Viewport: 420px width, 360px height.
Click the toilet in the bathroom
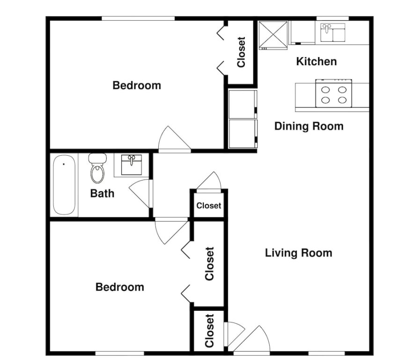tap(97, 168)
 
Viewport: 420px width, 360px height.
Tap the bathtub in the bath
tap(64, 185)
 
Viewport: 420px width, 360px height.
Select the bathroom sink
tap(131, 165)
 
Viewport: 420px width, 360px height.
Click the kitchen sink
tap(333, 32)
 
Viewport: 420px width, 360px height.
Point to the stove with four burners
tap(333, 93)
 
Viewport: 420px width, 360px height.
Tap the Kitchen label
tap(317, 61)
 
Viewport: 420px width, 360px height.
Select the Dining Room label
tap(309, 126)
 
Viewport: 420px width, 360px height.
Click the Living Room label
tap(299, 253)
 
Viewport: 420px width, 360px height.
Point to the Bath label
tap(102, 193)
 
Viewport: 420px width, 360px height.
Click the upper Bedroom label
tap(137, 85)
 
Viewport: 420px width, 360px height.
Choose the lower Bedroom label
tap(120, 287)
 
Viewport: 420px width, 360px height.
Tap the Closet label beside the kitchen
tap(241, 52)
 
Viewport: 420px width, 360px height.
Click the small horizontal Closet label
tap(209, 206)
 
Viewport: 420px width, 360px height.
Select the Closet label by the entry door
tap(209, 331)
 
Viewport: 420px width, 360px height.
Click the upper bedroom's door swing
tap(174, 139)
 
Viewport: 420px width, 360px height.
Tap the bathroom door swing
tap(140, 193)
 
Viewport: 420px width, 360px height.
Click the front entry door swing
tap(252, 339)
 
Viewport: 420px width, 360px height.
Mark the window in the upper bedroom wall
tap(138, 18)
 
